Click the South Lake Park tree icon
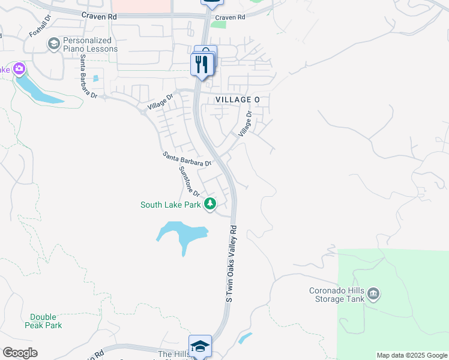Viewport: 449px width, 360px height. pos(210,205)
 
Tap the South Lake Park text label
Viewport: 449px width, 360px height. pos(170,205)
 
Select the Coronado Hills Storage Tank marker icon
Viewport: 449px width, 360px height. pos(373,294)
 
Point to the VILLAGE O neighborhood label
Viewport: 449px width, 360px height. pos(238,100)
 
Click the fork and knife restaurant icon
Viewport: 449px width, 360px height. pos(202,63)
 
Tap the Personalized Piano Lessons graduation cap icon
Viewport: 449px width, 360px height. pos(53,44)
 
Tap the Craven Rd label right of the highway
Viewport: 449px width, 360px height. pos(231,17)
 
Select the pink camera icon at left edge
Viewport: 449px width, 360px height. pos(19,69)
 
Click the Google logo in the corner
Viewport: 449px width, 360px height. pos(19,353)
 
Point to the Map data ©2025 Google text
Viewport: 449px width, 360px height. pos(412,355)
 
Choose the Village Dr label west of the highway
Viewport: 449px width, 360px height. pos(160,103)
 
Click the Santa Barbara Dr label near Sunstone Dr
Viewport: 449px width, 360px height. pos(187,159)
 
